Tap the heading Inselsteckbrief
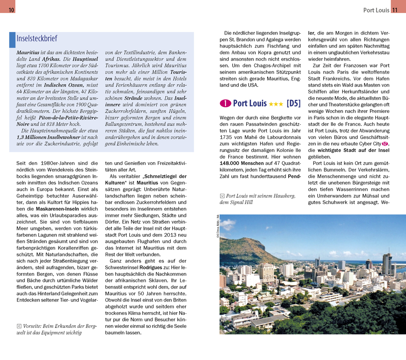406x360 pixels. [37, 39]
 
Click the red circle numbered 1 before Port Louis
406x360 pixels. [225, 104]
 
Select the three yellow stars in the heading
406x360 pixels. [276, 104]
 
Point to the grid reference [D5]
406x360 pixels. [293, 104]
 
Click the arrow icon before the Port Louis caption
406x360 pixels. [222, 196]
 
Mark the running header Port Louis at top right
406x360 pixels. [376, 10]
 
